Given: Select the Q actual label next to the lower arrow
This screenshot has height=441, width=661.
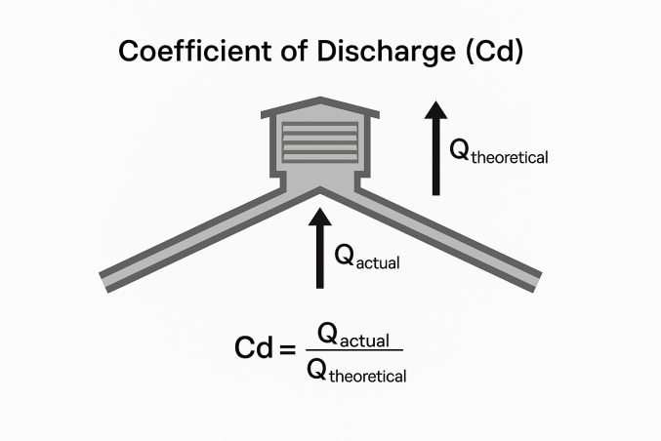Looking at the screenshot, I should [367, 257].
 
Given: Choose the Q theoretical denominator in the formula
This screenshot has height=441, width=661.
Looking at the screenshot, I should [355, 369].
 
